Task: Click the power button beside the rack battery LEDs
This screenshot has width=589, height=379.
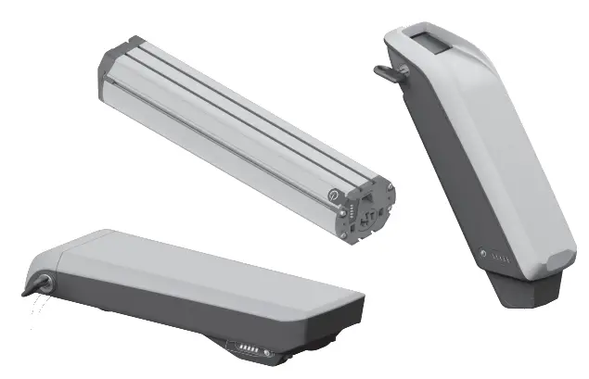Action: click(x=266, y=353)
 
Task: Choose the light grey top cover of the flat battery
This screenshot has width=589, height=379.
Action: click(x=186, y=269)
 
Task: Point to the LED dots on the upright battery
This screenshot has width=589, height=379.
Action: click(x=497, y=259)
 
